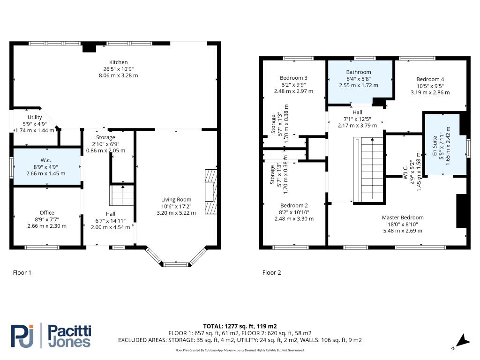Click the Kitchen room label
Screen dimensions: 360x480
click(118, 62)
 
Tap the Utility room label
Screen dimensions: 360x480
click(35, 117)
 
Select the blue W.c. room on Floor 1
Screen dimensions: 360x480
click(46, 166)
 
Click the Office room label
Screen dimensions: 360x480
click(47, 213)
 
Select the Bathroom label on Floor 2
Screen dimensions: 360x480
click(359, 72)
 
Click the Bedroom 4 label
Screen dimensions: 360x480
click(430, 79)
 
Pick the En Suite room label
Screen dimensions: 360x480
click(435, 148)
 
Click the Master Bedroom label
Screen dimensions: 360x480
click(403, 217)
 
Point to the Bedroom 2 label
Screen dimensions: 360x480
click(294, 205)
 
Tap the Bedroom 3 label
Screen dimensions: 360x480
click(293, 78)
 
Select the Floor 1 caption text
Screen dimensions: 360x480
click(22, 272)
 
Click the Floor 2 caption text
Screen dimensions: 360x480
click(271, 272)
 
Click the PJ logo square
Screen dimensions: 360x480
click(22, 335)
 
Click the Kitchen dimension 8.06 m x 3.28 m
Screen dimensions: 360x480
click(118, 75)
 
